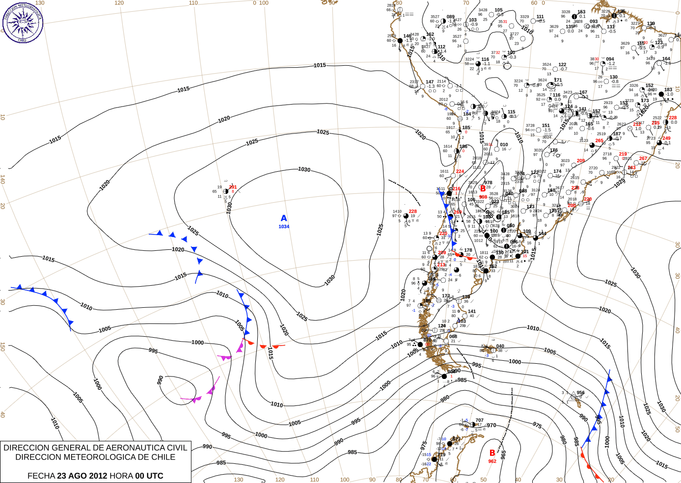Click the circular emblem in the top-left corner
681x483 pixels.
(x=23, y=23)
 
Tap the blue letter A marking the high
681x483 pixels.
(x=284, y=218)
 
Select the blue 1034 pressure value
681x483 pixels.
(x=284, y=227)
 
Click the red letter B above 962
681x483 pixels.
(x=492, y=453)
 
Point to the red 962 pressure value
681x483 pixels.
(x=492, y=461)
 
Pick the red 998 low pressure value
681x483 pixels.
(x=483, y=197)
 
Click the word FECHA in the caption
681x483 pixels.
(x=41, y=476)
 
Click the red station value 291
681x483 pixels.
(x=233, y=187)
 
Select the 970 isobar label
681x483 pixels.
(x=491, y=426)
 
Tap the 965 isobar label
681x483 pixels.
(x=503, y=455)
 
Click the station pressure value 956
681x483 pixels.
(x=581, y=393)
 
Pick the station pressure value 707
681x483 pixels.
(x=479, y=421)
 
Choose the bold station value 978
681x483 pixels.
(x=488, y=183)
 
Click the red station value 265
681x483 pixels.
(x=599, y=141)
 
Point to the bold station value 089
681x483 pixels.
(x=450, y=17)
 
